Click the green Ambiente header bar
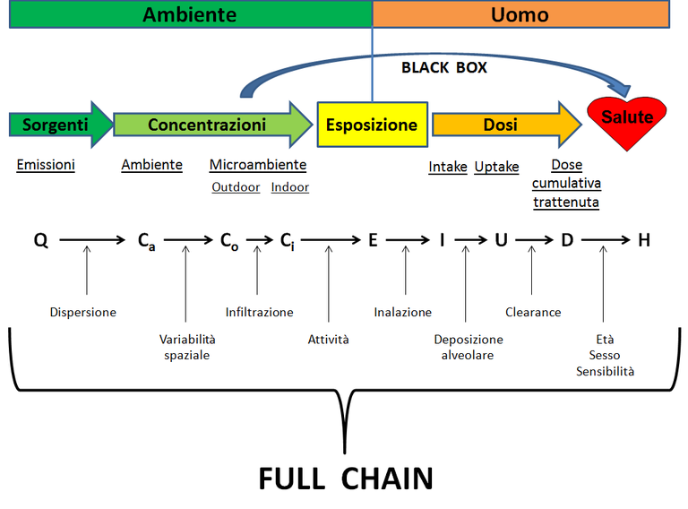[x=190, y=14]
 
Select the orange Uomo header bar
[x=520, y=14]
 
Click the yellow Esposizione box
[x=371, y=125]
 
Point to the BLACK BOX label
[x=443, y=67]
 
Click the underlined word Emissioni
[x=46, y=165]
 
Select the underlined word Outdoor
[x=236, y=187]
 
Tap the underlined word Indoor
[x=289, y=187]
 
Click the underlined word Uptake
[x=495, y=167]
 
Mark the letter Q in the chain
[x=41, y=240]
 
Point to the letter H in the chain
[x=643, y=240]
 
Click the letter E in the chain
[x=373, y=240]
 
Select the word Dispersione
[x=83, y=312]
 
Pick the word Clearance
[x=533, y=312]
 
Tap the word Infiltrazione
[x=259, y=312]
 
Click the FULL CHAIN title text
[x=345, y=478]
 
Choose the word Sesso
[x=605, y=355]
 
